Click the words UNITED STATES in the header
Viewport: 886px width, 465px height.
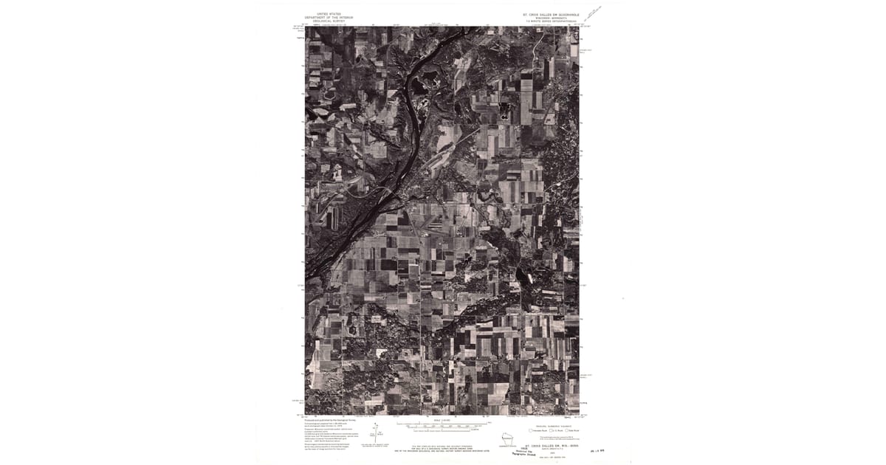point(329,13)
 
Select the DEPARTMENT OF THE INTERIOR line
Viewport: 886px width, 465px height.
point(329,17)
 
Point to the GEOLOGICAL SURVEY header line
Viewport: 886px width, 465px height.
point(329,21)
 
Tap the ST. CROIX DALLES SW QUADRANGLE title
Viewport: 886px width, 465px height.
point(549,13)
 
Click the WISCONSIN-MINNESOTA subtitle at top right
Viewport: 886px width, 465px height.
point(549,17)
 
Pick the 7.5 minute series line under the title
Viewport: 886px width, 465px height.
point(549,21)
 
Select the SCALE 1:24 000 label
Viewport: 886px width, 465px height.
point(443,419)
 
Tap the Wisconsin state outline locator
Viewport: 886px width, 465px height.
point(507,438)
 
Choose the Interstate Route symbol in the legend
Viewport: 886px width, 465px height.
point(534,430)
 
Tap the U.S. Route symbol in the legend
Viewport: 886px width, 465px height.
point(550,430)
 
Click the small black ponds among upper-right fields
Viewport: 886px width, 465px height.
point(504,114)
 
